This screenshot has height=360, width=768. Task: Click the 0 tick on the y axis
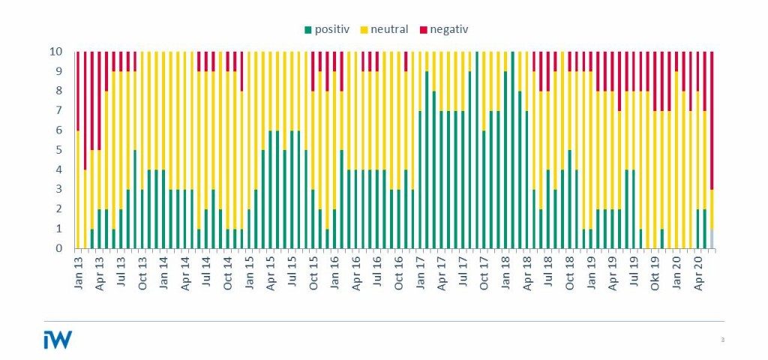(66, 248)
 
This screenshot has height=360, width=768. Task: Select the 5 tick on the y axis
(66, 150)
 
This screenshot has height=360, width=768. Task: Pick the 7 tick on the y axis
(66, 111)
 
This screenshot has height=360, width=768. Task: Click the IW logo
(58, 340)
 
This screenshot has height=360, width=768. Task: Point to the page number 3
(722, 340)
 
